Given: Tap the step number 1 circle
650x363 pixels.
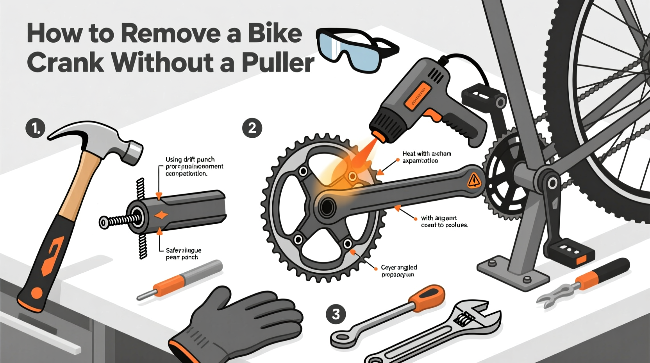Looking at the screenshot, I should coord(36,128).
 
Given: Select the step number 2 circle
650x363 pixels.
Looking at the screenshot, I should coord(252,128).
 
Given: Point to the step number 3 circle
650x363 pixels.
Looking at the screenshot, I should coord(336,314).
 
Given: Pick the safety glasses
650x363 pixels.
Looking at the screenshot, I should coord(354,50).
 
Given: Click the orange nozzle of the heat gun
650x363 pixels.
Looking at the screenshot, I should coord(378,135).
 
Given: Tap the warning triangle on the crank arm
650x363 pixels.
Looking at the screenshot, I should coord(474,180).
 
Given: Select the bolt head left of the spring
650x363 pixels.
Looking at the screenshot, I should coord(104,223).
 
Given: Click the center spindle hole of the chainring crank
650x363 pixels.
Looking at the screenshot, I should coord(327,206).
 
